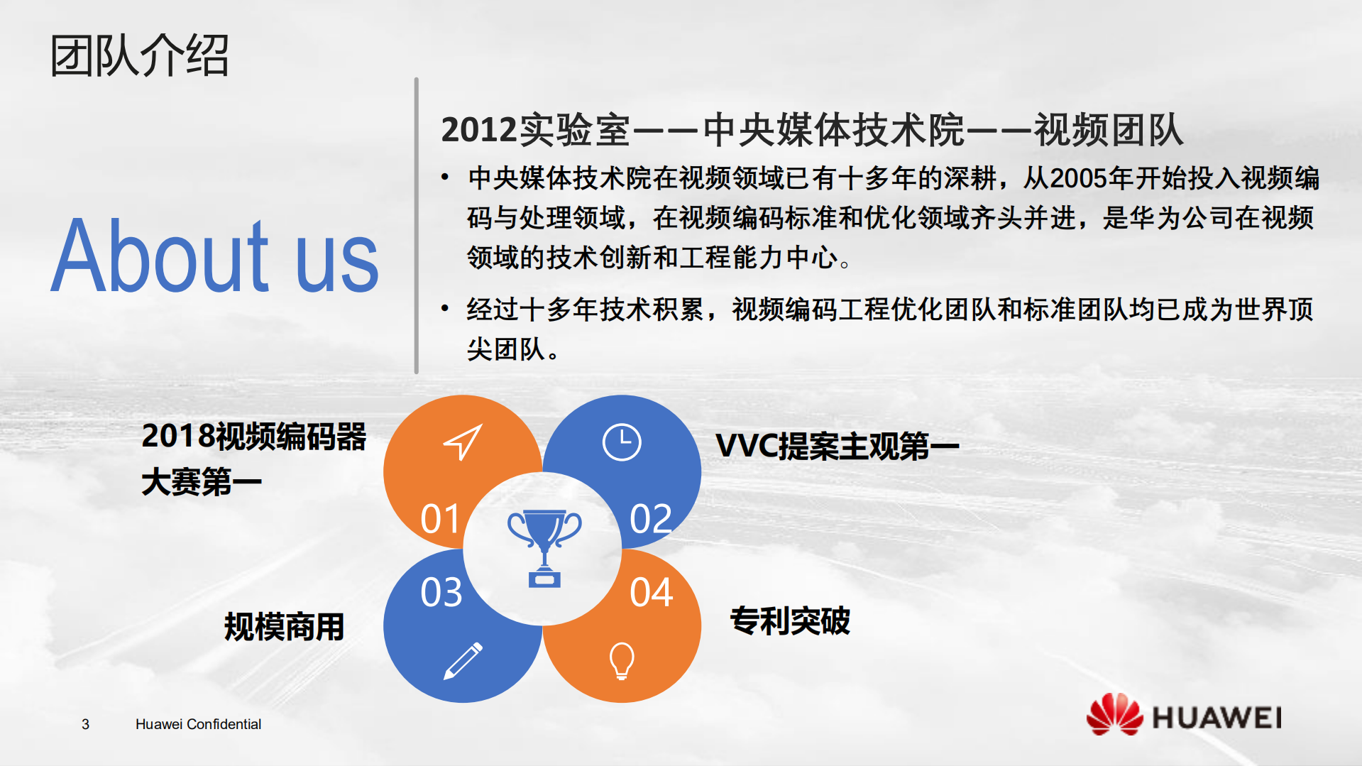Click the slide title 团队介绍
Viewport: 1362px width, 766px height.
coord(140,55)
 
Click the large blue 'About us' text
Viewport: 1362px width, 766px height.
coord(215,256)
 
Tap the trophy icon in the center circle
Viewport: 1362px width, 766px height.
coord(544,547)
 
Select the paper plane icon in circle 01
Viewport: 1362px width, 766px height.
coord(463,442)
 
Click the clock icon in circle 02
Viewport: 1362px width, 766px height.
coord(622,442)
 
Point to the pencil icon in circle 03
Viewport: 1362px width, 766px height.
coord(463,661)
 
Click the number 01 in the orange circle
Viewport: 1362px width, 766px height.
coord(440,519)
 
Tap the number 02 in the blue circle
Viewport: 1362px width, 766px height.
coord(650,519)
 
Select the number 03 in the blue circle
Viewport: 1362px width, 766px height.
coord(441,593)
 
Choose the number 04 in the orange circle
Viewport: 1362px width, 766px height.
coord(651,593)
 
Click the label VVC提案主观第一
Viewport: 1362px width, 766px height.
coord(837,447)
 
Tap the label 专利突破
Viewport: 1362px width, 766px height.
coord(790,620)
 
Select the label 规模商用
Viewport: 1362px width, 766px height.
coord(284,627)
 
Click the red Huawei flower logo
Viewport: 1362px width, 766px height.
coord(1114,714)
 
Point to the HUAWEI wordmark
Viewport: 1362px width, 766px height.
coord(1217,718)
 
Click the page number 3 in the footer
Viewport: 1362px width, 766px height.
coord(85,724)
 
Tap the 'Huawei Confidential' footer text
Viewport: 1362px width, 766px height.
coord(198,724)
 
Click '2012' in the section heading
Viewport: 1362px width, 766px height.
coord(479,130)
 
